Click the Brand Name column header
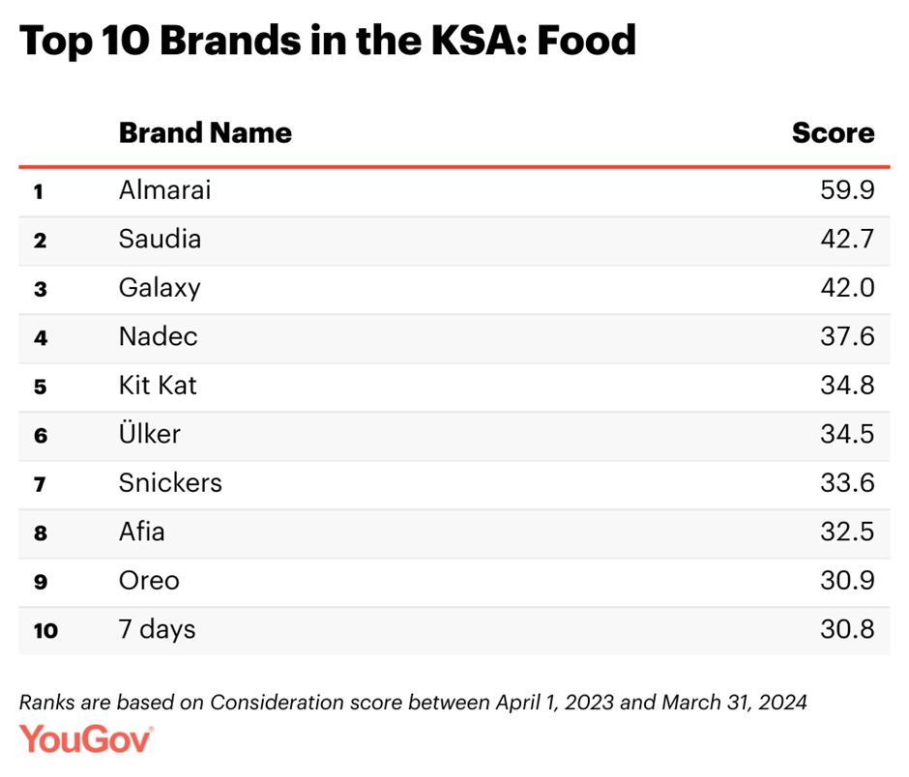tap(205, 132)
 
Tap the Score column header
tap(833, 132)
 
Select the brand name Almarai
tap(164, 190)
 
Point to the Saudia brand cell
tap(160, 239)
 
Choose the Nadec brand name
tap(158, 336)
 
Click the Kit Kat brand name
tap(158, 386)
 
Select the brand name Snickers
tap(170, 483)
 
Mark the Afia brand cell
tap(141, 532)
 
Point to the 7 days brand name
tap(157, 630)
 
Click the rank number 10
tap(44, 631)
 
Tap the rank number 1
tap(39, 191)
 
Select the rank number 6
tap(40, 436)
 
